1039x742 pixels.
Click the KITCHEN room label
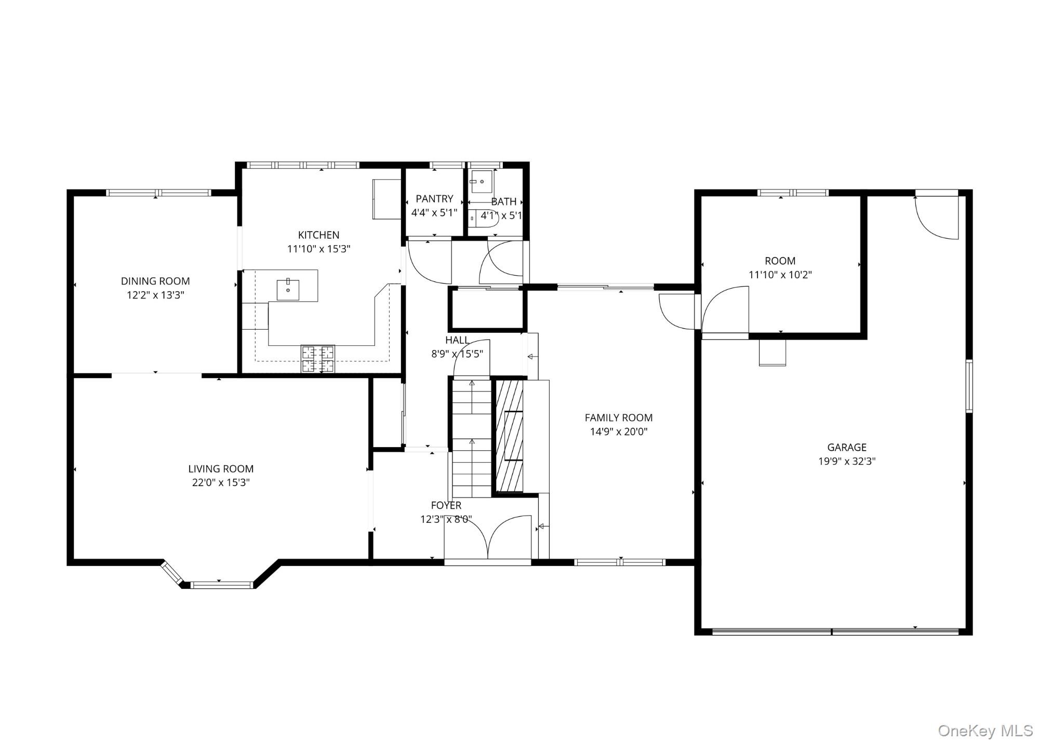point(318,235)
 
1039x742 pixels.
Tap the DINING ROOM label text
point(155,281)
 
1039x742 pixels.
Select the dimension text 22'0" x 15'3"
point(221,482)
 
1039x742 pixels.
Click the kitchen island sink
point(288,289)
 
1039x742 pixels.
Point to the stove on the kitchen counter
point(318,358)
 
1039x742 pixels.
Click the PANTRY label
point(434,199)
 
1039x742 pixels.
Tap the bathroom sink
point(482,182)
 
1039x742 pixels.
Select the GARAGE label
point(847,447)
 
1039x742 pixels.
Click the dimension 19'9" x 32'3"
point(847,461)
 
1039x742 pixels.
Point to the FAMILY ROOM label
point(618,417)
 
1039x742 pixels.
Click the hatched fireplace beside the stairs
point(509,436)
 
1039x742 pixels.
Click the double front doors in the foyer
point(487,537)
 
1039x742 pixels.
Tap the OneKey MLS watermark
point(985,731)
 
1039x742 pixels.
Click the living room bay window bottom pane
point(222,585)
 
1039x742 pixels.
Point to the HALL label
point(457,340)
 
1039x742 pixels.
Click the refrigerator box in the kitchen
point(387,199)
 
